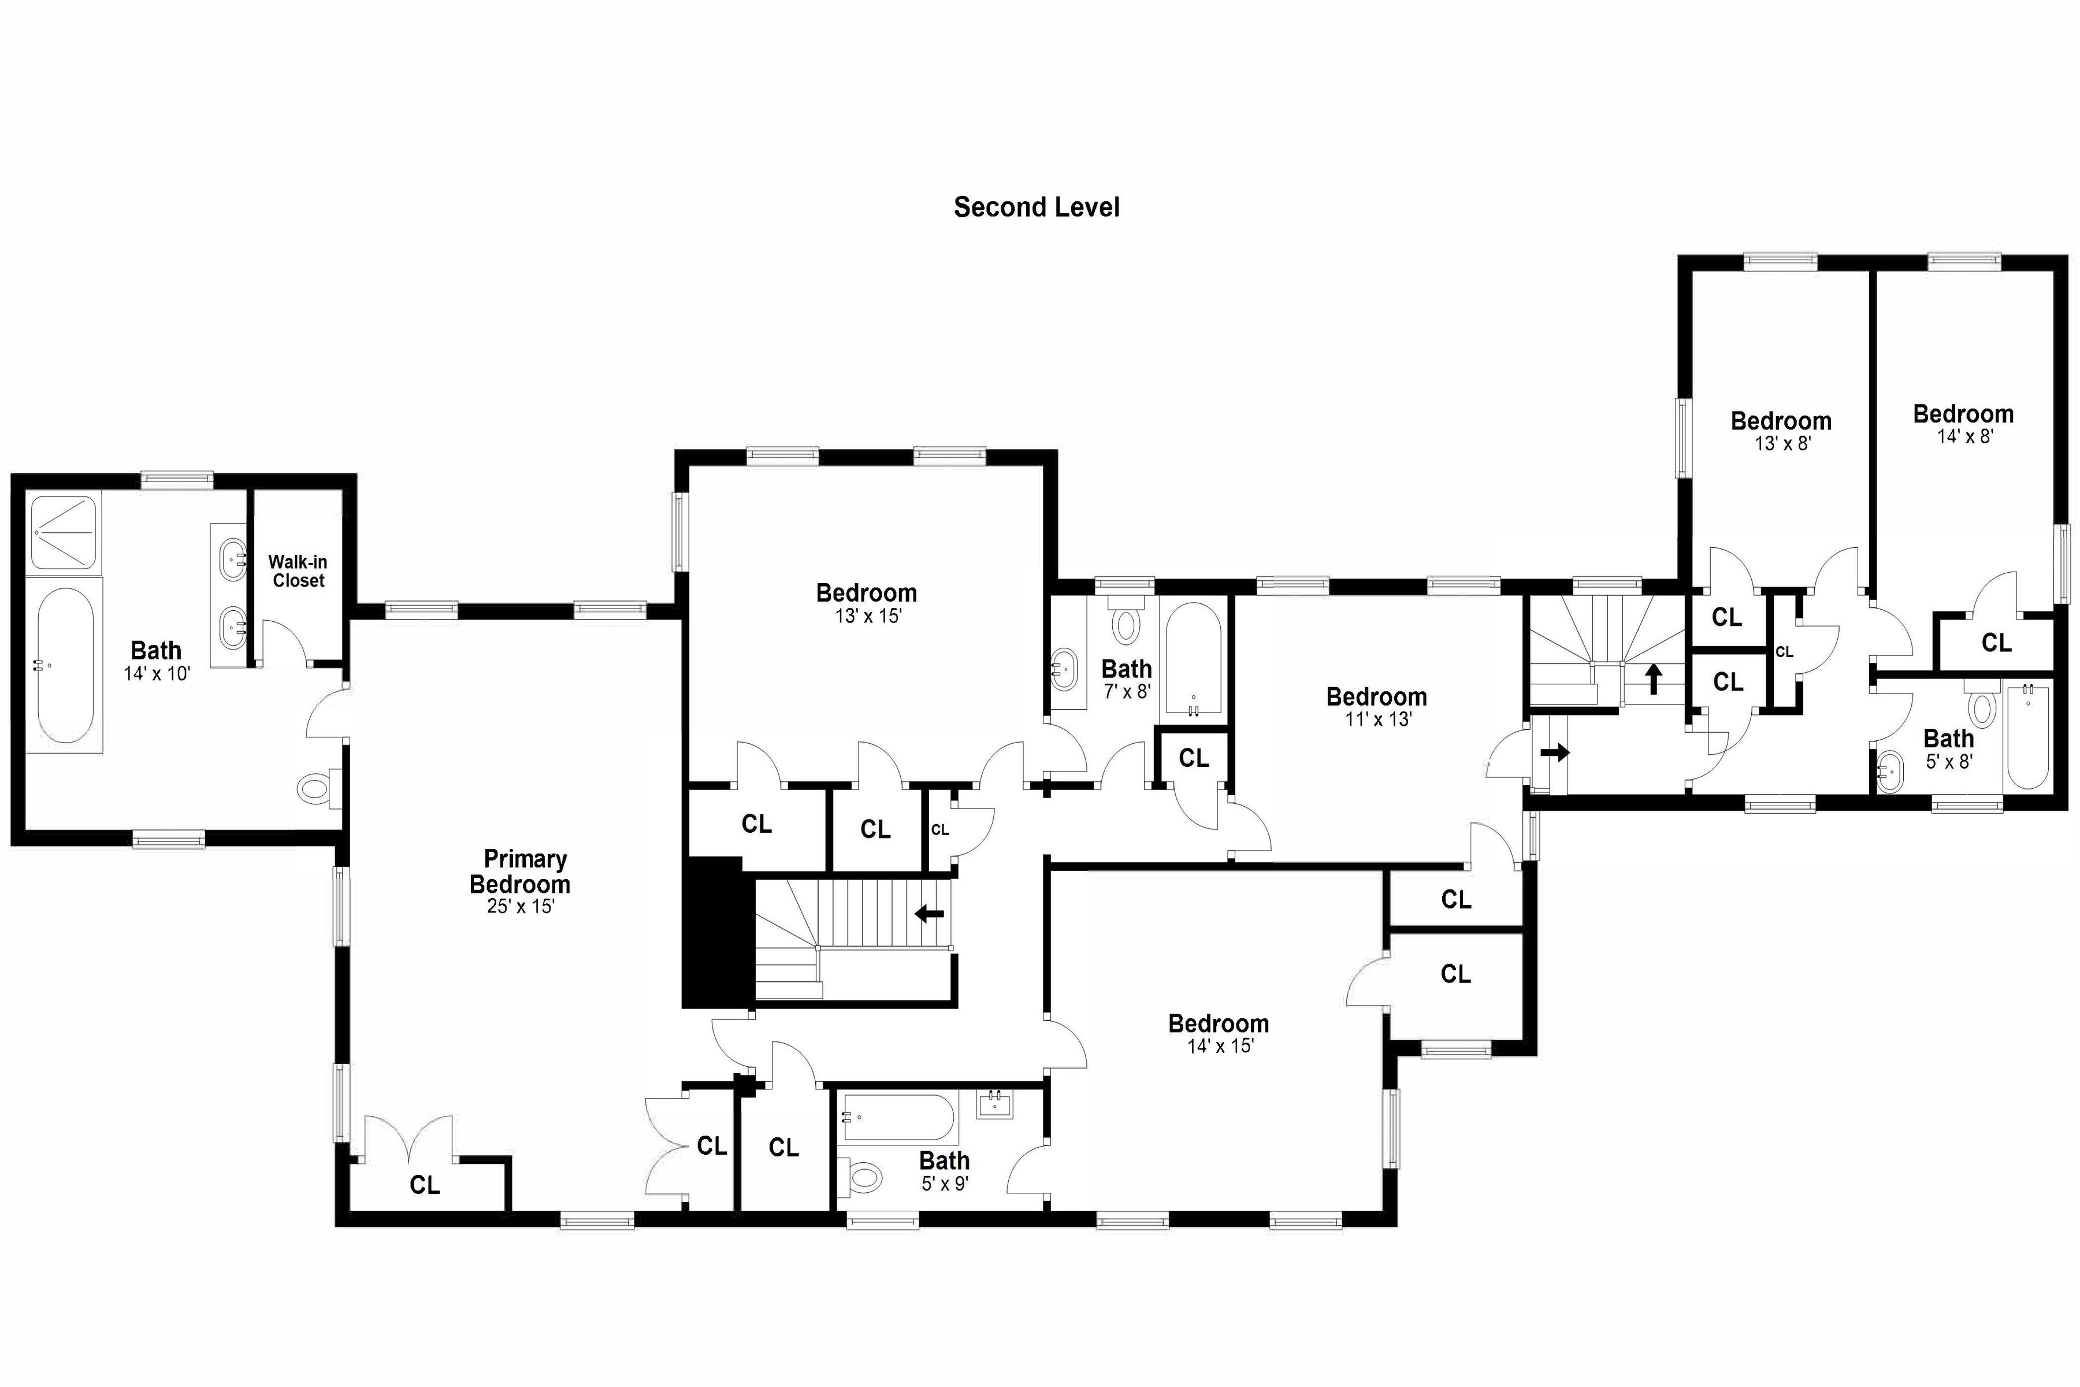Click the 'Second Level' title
point(1037,207)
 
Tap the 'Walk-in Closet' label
point(298,572)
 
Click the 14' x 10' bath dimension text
point(157,673)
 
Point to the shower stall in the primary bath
point(65,532)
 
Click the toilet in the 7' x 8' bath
point(1126,619)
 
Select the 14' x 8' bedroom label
point(1963,414)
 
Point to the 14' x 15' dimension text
point(1220,1047)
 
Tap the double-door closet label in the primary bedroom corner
point(425,1184)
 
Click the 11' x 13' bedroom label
point(1377,697)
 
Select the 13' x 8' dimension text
point(1782,444)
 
